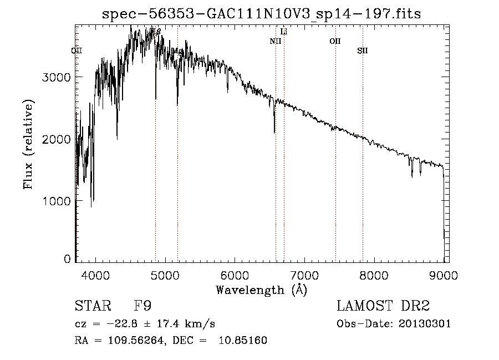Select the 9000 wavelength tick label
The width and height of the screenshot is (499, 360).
443,275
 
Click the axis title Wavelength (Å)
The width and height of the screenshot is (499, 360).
261,290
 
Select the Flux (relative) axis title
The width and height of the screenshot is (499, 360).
28,145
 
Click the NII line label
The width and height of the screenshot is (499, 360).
276,41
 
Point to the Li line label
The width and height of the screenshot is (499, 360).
284,32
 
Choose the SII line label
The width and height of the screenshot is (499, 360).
362,51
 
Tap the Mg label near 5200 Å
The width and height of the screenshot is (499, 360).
178,51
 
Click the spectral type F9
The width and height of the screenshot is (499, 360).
142,306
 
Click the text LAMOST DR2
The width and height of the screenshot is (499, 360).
383,306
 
